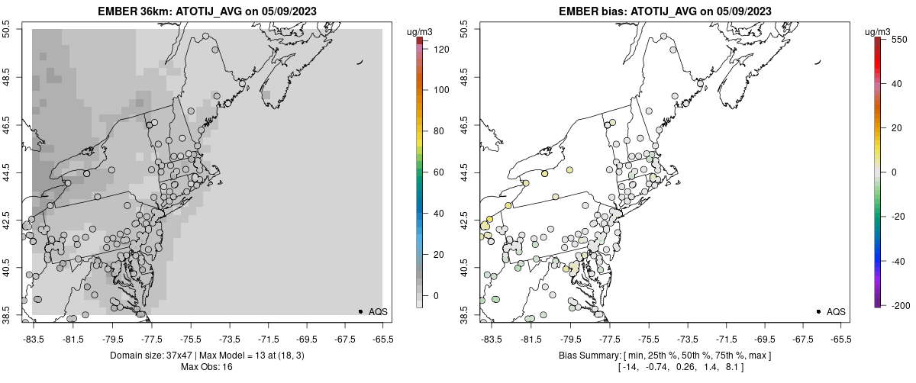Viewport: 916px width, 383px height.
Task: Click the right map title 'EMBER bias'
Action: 584,11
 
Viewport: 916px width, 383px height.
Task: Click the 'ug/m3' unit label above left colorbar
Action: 420,31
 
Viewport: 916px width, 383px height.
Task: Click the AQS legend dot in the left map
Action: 360,311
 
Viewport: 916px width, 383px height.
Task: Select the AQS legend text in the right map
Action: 836,311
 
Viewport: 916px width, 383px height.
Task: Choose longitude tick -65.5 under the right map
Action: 840,338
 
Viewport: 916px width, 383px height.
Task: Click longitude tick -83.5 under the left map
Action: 33,338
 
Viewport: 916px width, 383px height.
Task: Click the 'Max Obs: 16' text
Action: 206,367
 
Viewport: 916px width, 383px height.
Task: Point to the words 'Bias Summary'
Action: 582,356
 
